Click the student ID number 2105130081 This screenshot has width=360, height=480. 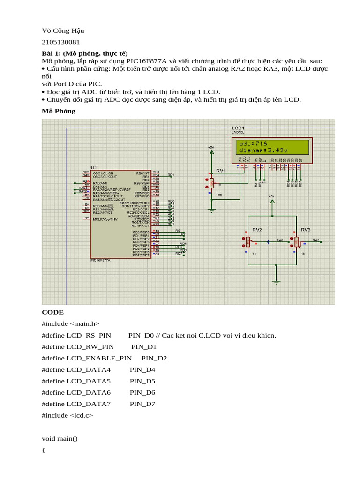pyautogui.click(x=61, y=42)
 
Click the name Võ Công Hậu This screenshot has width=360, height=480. pyautogui.click(x=63, y=31)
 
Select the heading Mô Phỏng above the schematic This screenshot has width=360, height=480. pyautogui.click(x=58, y=111)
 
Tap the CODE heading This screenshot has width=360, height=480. pyautogui.click(x=52, y=312)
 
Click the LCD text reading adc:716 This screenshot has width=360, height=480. pyautogui.click(x=253, y=143)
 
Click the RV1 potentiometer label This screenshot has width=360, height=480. pyautogui.click(x=221, y=170)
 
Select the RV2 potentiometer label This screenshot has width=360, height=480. pyautogui.click(x=257, y=230)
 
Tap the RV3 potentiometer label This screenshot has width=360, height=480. pyautogui.click(x=305, y=230)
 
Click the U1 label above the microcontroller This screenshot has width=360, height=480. pyautogui.click(x=94, y=167)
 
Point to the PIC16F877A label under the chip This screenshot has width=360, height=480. pyautogui.click(x=100, y=260)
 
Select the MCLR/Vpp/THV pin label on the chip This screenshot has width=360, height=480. pyautogui.click(x=105, y=219)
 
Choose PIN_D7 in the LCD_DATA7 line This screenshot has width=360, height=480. pyautogui.click(x=142, y=404)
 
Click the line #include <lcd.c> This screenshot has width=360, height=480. pyautogui.click(x=67, y=415)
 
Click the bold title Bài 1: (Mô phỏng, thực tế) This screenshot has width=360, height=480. pyautogui.click(x=84, y=53)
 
